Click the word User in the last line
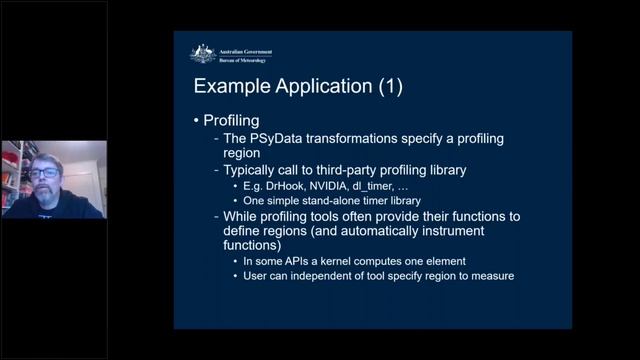point(256,276)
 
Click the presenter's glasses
point(42,173)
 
